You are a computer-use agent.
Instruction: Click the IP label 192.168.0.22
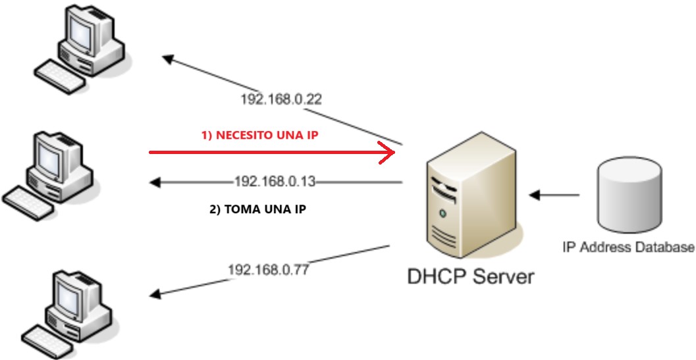[281, 99]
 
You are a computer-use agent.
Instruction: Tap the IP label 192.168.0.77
[269, 269]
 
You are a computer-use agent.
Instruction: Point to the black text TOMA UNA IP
[257, 211]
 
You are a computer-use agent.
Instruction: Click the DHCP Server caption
[470, 276]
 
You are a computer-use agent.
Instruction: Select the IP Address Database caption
[628, 247]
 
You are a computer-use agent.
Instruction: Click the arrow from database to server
[554, 195]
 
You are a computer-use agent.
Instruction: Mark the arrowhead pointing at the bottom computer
[155, 294]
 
